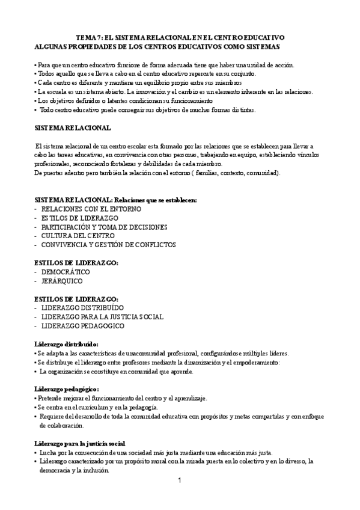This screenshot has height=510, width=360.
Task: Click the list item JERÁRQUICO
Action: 63,281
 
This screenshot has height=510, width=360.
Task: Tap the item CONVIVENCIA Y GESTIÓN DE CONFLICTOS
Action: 108,245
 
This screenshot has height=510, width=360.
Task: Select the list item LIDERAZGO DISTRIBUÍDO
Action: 83,307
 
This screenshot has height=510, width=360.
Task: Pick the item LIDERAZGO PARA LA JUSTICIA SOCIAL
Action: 102,316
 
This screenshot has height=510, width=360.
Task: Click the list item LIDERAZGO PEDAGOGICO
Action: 83,325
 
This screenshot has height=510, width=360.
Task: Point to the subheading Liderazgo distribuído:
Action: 66,343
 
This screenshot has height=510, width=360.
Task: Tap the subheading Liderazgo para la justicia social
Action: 80,443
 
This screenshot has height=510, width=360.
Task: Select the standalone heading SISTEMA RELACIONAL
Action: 72,128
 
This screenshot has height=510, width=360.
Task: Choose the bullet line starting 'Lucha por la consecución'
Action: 156,452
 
